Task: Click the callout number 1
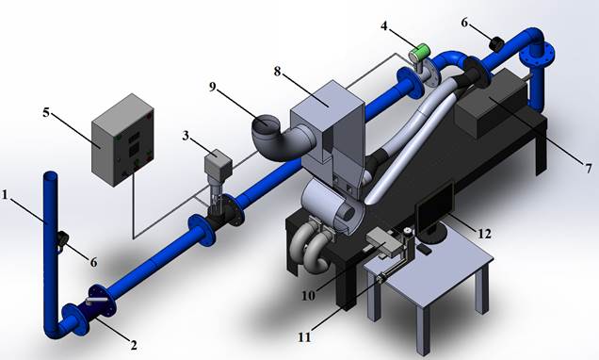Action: coord(5,195)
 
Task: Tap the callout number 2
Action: coord(134,346)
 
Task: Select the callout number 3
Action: coord(186,136)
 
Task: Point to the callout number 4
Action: coord(384,26)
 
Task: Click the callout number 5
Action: coord(46,112)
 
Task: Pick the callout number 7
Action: coord(589,168)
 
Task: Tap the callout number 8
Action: coord(277,72)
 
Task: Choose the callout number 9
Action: coord(213,87)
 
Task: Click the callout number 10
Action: coord(308,295)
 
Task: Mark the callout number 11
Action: coord(304,337)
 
